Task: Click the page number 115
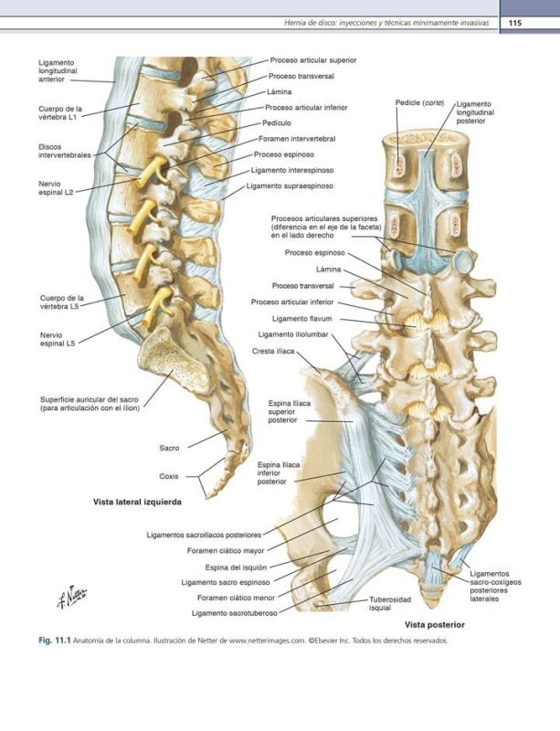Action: (x=514, y=22)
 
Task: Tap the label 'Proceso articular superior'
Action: (x=312, y=59)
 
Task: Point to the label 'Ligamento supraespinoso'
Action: (x=290, y=186)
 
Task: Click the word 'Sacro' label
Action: (x=169, y=448)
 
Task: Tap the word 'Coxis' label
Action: (x=169, y=476)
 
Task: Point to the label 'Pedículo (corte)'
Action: (x=419, y=103)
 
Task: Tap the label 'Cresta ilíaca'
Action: (x=271, y=351)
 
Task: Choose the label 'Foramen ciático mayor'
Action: (x=226, y=551)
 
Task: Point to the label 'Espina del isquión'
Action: (x=236, y=567)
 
